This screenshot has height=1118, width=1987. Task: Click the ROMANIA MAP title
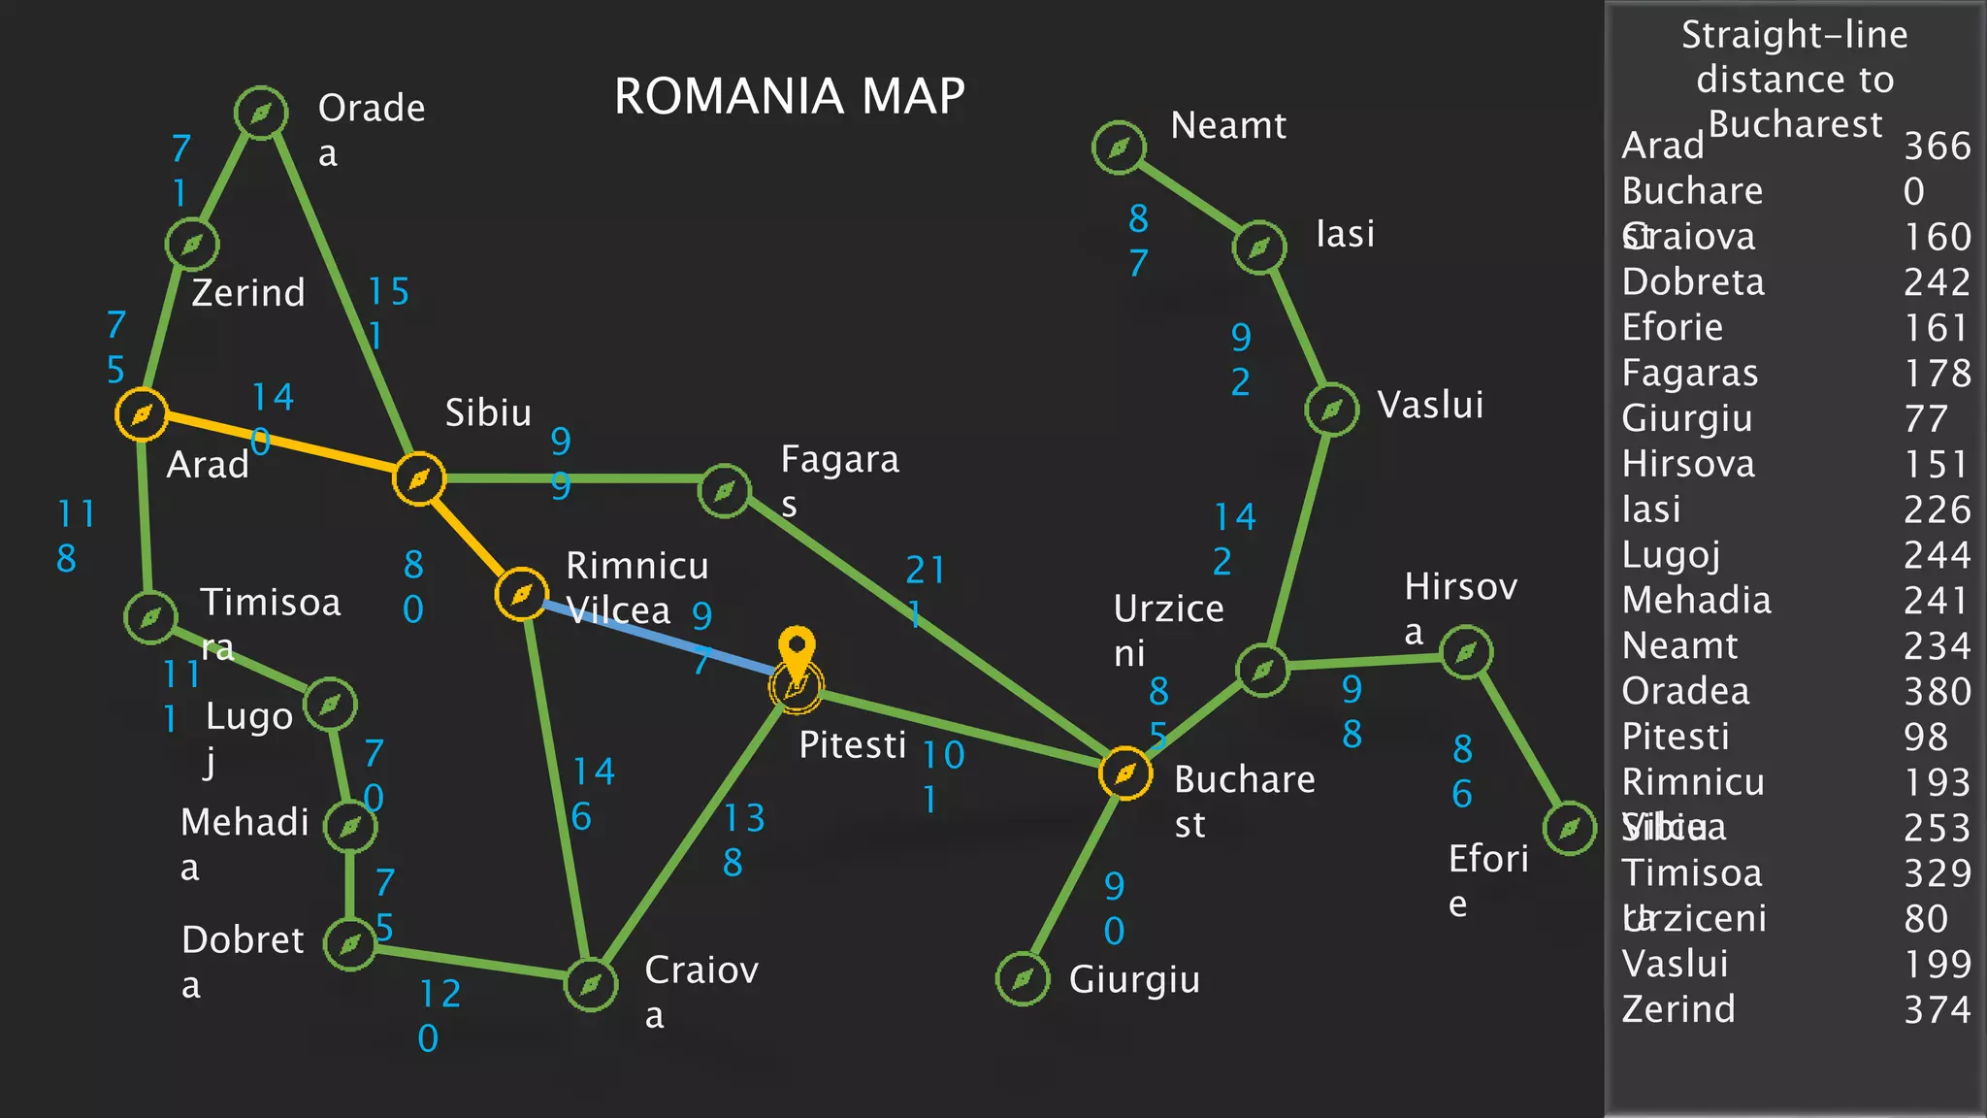pos(790,96)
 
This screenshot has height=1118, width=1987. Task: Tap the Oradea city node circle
pos(261,114)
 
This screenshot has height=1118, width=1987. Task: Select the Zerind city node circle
pos(192,244)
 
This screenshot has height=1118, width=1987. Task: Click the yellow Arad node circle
pos(142,414)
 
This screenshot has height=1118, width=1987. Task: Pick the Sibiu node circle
pos(419,478)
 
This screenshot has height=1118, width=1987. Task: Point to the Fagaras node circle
pos(724,491)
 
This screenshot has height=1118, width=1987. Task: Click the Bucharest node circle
pos(1125,773)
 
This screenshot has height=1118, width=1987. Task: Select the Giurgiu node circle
pos(1023,978)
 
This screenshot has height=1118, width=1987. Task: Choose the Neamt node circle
pos(1119,148)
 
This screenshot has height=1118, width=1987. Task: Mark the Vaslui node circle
pos(1331,410)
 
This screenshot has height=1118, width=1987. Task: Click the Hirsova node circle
pos(1465,652)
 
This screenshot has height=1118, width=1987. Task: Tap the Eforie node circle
pos(1569,828)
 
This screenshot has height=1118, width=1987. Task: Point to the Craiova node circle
pos(591,985)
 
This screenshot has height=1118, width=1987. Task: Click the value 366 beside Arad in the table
pos(1937,147)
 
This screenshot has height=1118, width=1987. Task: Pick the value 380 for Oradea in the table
pos(1937,692)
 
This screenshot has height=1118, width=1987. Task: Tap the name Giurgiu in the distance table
pos(1687,419)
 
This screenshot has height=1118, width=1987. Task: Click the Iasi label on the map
pos(1345,234)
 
